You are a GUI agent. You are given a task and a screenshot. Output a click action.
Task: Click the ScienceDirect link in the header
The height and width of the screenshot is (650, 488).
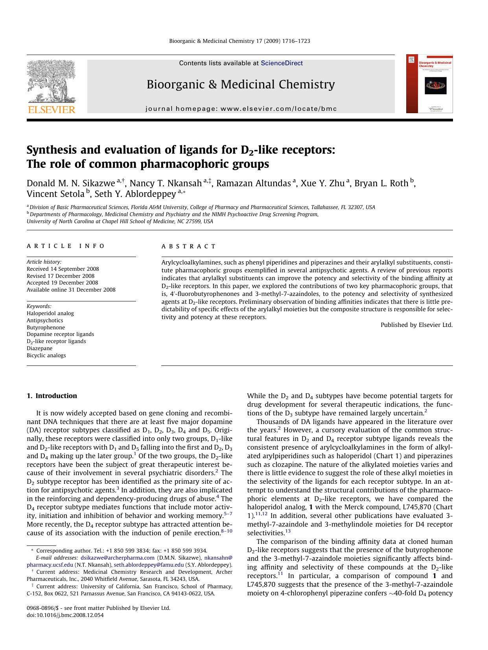coord(282,63)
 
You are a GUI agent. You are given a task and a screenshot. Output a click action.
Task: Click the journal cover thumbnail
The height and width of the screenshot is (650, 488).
coord(429,84)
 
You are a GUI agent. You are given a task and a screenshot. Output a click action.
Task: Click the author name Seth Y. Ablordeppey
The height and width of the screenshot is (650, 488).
coord(135,194)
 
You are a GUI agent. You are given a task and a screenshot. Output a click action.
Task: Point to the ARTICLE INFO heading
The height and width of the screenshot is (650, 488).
coord(66,246)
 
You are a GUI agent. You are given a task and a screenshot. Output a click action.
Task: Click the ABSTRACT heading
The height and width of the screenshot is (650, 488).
coord(189,246)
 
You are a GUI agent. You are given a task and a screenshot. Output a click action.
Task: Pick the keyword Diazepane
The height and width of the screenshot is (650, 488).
coord(39,348)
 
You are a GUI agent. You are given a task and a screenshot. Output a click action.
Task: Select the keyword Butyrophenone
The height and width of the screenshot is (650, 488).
coord(46,327)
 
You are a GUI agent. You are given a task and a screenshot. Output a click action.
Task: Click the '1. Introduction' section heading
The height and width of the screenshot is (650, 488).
coord(52,396)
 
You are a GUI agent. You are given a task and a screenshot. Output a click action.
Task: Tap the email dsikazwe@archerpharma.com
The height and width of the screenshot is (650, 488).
coord(118,558)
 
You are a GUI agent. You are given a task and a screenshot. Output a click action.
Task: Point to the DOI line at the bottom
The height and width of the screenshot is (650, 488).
coord(65,615)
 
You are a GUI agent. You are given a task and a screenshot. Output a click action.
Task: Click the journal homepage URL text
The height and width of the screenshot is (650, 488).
coord(241,108)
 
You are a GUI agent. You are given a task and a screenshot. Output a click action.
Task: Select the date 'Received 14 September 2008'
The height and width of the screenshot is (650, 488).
coord(63,269)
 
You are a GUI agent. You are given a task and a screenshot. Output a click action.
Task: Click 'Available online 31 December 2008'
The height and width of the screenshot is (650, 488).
coord(71,290)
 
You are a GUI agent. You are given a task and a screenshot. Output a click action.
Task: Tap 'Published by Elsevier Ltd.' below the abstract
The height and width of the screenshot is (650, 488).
coord(416,325)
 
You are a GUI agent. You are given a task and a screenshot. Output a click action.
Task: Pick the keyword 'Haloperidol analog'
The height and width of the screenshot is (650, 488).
coord(50,313)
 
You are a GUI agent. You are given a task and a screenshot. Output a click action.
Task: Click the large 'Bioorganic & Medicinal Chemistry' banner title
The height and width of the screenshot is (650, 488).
coord(241,84)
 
